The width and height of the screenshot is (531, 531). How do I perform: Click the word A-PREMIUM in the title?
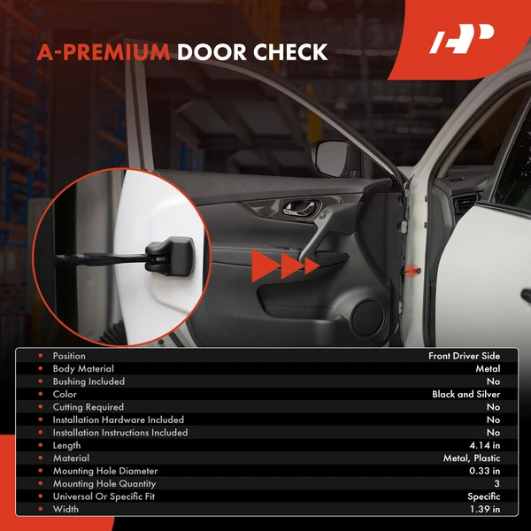click(x=104, y=52)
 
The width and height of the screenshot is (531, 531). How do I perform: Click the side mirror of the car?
click(x=335, y=158)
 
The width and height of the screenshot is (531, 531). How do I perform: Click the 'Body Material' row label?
click(x=83, y=369)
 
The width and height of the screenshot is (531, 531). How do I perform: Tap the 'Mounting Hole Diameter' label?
click(x=105, y=472)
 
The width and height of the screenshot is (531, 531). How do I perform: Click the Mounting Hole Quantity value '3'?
click(x=496, y=484)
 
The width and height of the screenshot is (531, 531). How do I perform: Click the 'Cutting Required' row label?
click(x=88, y=407)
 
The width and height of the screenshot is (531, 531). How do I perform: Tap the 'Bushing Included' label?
click(x=88, y=381)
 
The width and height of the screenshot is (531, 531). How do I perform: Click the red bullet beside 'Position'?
click(x=40, y=356)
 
